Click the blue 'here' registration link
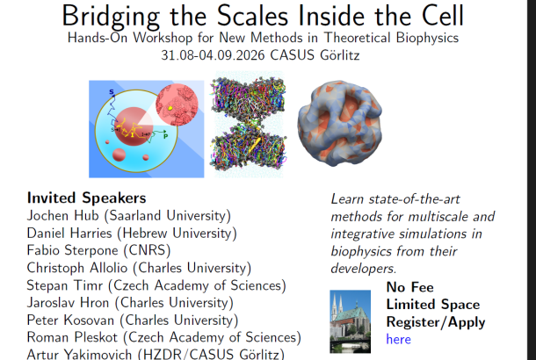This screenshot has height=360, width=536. (x=398, y=339)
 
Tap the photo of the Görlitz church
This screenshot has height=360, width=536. (x=350, y=321)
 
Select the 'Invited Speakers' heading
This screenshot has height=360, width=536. (x=86, y=198)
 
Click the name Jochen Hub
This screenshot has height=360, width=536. (x=63, y=215)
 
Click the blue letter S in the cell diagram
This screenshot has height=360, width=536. (x=112, y=92)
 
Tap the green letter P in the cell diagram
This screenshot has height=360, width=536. (x=165, y=136)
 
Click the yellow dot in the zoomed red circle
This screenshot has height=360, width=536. (x=170, y=108)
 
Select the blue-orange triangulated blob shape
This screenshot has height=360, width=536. (x=340, y=123)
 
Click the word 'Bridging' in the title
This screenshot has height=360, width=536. (x=111, y=17)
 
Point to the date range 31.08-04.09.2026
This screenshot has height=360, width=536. (x=213, y=55)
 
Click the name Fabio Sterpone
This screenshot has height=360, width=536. (x=72, y=250)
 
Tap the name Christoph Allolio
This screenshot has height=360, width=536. (x=77, y=268)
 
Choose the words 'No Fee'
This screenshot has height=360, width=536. (x=409, y=287)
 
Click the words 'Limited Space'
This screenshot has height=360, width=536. (x=433, y=305)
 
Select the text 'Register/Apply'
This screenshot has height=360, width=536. (x=436, y=322)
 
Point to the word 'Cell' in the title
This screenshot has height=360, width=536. (x=443, y=16)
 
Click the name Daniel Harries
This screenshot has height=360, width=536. (x=69, y=233)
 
